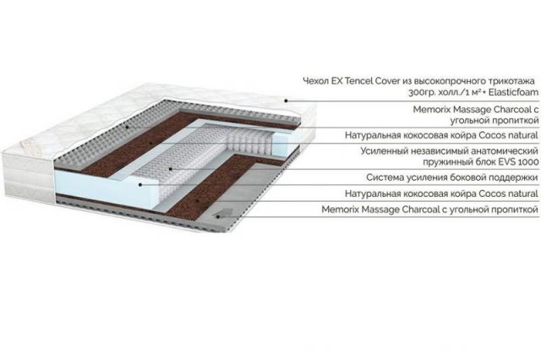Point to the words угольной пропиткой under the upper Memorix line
click(x=494, y=121)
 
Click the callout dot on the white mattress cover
click(x=286, y=101)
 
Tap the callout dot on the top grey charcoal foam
click(x=127, y=127)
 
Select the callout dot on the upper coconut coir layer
click(x=150, y=143)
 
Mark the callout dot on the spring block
click(x=171, y=169)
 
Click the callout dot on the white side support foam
click(x=140, y=185)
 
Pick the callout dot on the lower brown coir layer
click(x=197, y=200)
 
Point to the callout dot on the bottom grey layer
click(x=218, y=216)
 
